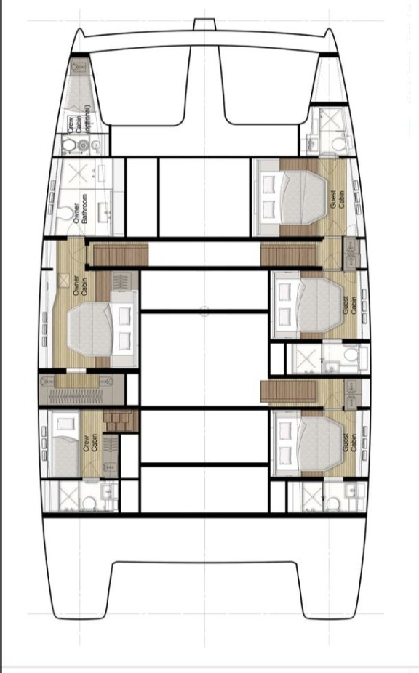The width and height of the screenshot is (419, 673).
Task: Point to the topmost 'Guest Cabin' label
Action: [337, 194]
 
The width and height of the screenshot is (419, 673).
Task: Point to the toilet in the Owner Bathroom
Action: [68, 216]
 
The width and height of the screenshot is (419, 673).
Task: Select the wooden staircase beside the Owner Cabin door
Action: [119, 255]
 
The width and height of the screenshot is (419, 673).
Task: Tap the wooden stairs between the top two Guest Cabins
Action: [288, 255]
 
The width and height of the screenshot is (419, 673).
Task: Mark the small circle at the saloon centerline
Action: [204, 311]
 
